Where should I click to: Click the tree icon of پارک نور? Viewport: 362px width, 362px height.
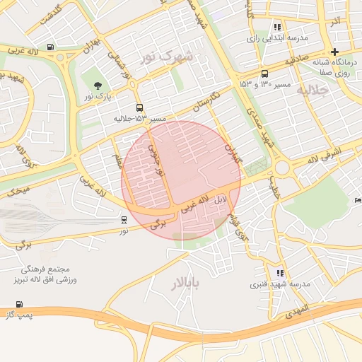[97, 86]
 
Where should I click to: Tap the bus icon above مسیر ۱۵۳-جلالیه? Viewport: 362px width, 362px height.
[138, 107]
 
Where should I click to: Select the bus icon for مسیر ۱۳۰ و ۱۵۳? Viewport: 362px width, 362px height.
[264, 74]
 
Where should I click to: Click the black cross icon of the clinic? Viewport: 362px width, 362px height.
[334, 52]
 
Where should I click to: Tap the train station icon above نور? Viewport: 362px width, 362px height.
[124, 219]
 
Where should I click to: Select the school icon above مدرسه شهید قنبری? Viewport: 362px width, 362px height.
[280, 272]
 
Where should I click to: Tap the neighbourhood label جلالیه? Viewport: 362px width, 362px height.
[311, 90]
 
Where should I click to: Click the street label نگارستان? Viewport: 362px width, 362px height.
[205, 101]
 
